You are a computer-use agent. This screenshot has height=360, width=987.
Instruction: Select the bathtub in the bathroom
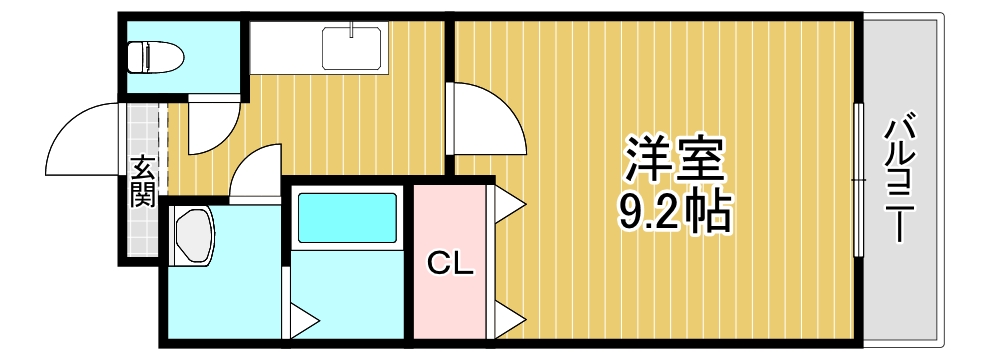[x=347, y=217]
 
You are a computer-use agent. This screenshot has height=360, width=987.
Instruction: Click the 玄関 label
[x=142, y=181]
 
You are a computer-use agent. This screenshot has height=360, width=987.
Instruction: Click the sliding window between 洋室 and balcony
[x=857, y=180]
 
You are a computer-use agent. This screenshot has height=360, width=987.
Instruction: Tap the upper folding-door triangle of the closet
[x=508, y=205]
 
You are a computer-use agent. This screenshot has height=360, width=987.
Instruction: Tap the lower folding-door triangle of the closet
[x=508, y=321]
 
